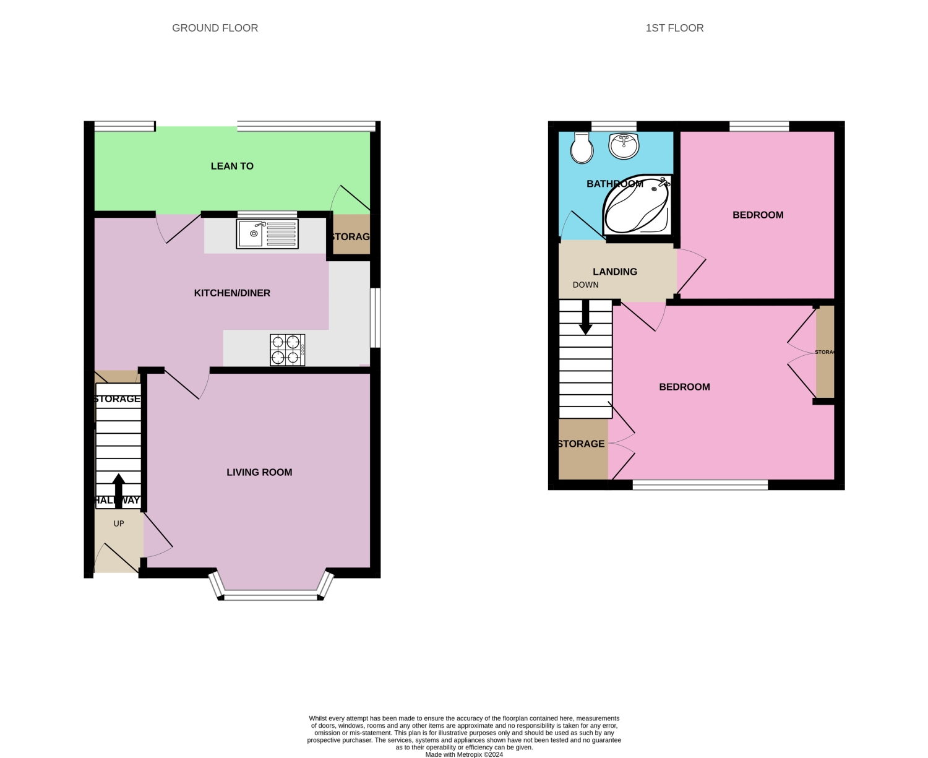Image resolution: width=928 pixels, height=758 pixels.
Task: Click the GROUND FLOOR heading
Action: pyautogui.click(x=215, y=28)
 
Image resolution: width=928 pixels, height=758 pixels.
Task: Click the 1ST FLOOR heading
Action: pyautogui.click(x=674, y=28)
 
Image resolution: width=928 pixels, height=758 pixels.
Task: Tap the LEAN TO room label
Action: pyautogui.click(x=232, y=166)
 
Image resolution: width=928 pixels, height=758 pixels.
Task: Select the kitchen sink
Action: pyautogui.click(x=267, y=234)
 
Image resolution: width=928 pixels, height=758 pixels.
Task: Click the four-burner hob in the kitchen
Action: pyautogui.click(x=287, y=350)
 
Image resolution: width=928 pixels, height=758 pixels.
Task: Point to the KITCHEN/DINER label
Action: pyautogui.click(x=232, y=293)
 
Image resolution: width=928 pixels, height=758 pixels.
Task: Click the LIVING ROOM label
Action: pyautogui.click(x=259, y=472)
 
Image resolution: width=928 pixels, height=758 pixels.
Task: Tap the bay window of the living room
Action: pyautogui.click(x=270, y=596)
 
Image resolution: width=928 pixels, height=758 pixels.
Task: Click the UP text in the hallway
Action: pyautogui.click(x=119, y=523)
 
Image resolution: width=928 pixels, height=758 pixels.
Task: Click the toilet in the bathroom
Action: pyautogui.click(x=582, y=147)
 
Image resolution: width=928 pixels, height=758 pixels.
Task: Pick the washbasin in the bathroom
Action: pyautogui.click(x=624, y=146)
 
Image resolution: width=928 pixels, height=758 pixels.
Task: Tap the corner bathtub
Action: pyautogui.click(x=637, y=204)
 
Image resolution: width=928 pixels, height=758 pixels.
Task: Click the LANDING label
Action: pyautogui.click(x=614, y=272)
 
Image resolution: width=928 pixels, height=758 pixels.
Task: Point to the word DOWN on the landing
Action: pyautogui.click(x=585, y=285)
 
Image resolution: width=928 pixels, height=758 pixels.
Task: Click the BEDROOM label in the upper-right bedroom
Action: pyautogui.click(x=758, y=215)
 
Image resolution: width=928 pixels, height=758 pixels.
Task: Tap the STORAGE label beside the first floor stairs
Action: pyautogui.click(x=581, y=444)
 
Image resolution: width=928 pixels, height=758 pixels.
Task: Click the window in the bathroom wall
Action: pyautogui.click(x=614, y=127)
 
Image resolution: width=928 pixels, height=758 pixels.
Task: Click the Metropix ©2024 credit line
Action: pyautogui.click(x=464, y=754)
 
